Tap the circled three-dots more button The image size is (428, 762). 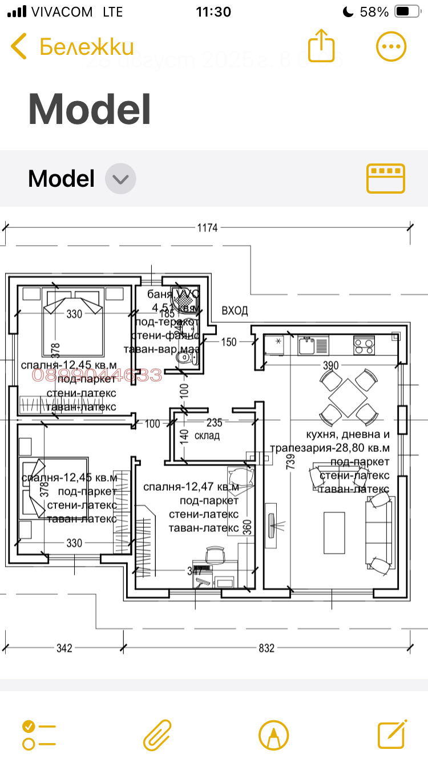coord(391,46)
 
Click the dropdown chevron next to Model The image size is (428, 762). coord(120,179)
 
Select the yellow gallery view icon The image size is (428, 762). coord(385,178)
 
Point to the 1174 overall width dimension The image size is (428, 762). coord(208,228)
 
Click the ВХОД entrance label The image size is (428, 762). coord(235,311)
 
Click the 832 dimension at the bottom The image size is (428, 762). coord(267,648)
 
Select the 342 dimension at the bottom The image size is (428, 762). coord(64,648)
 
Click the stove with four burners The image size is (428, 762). coord(364,344)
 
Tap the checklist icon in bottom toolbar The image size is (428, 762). coord(39,735)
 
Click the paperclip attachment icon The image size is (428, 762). coord(157,735)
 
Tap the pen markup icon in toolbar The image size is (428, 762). coord(274,735)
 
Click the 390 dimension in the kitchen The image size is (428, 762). coord(331,365)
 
